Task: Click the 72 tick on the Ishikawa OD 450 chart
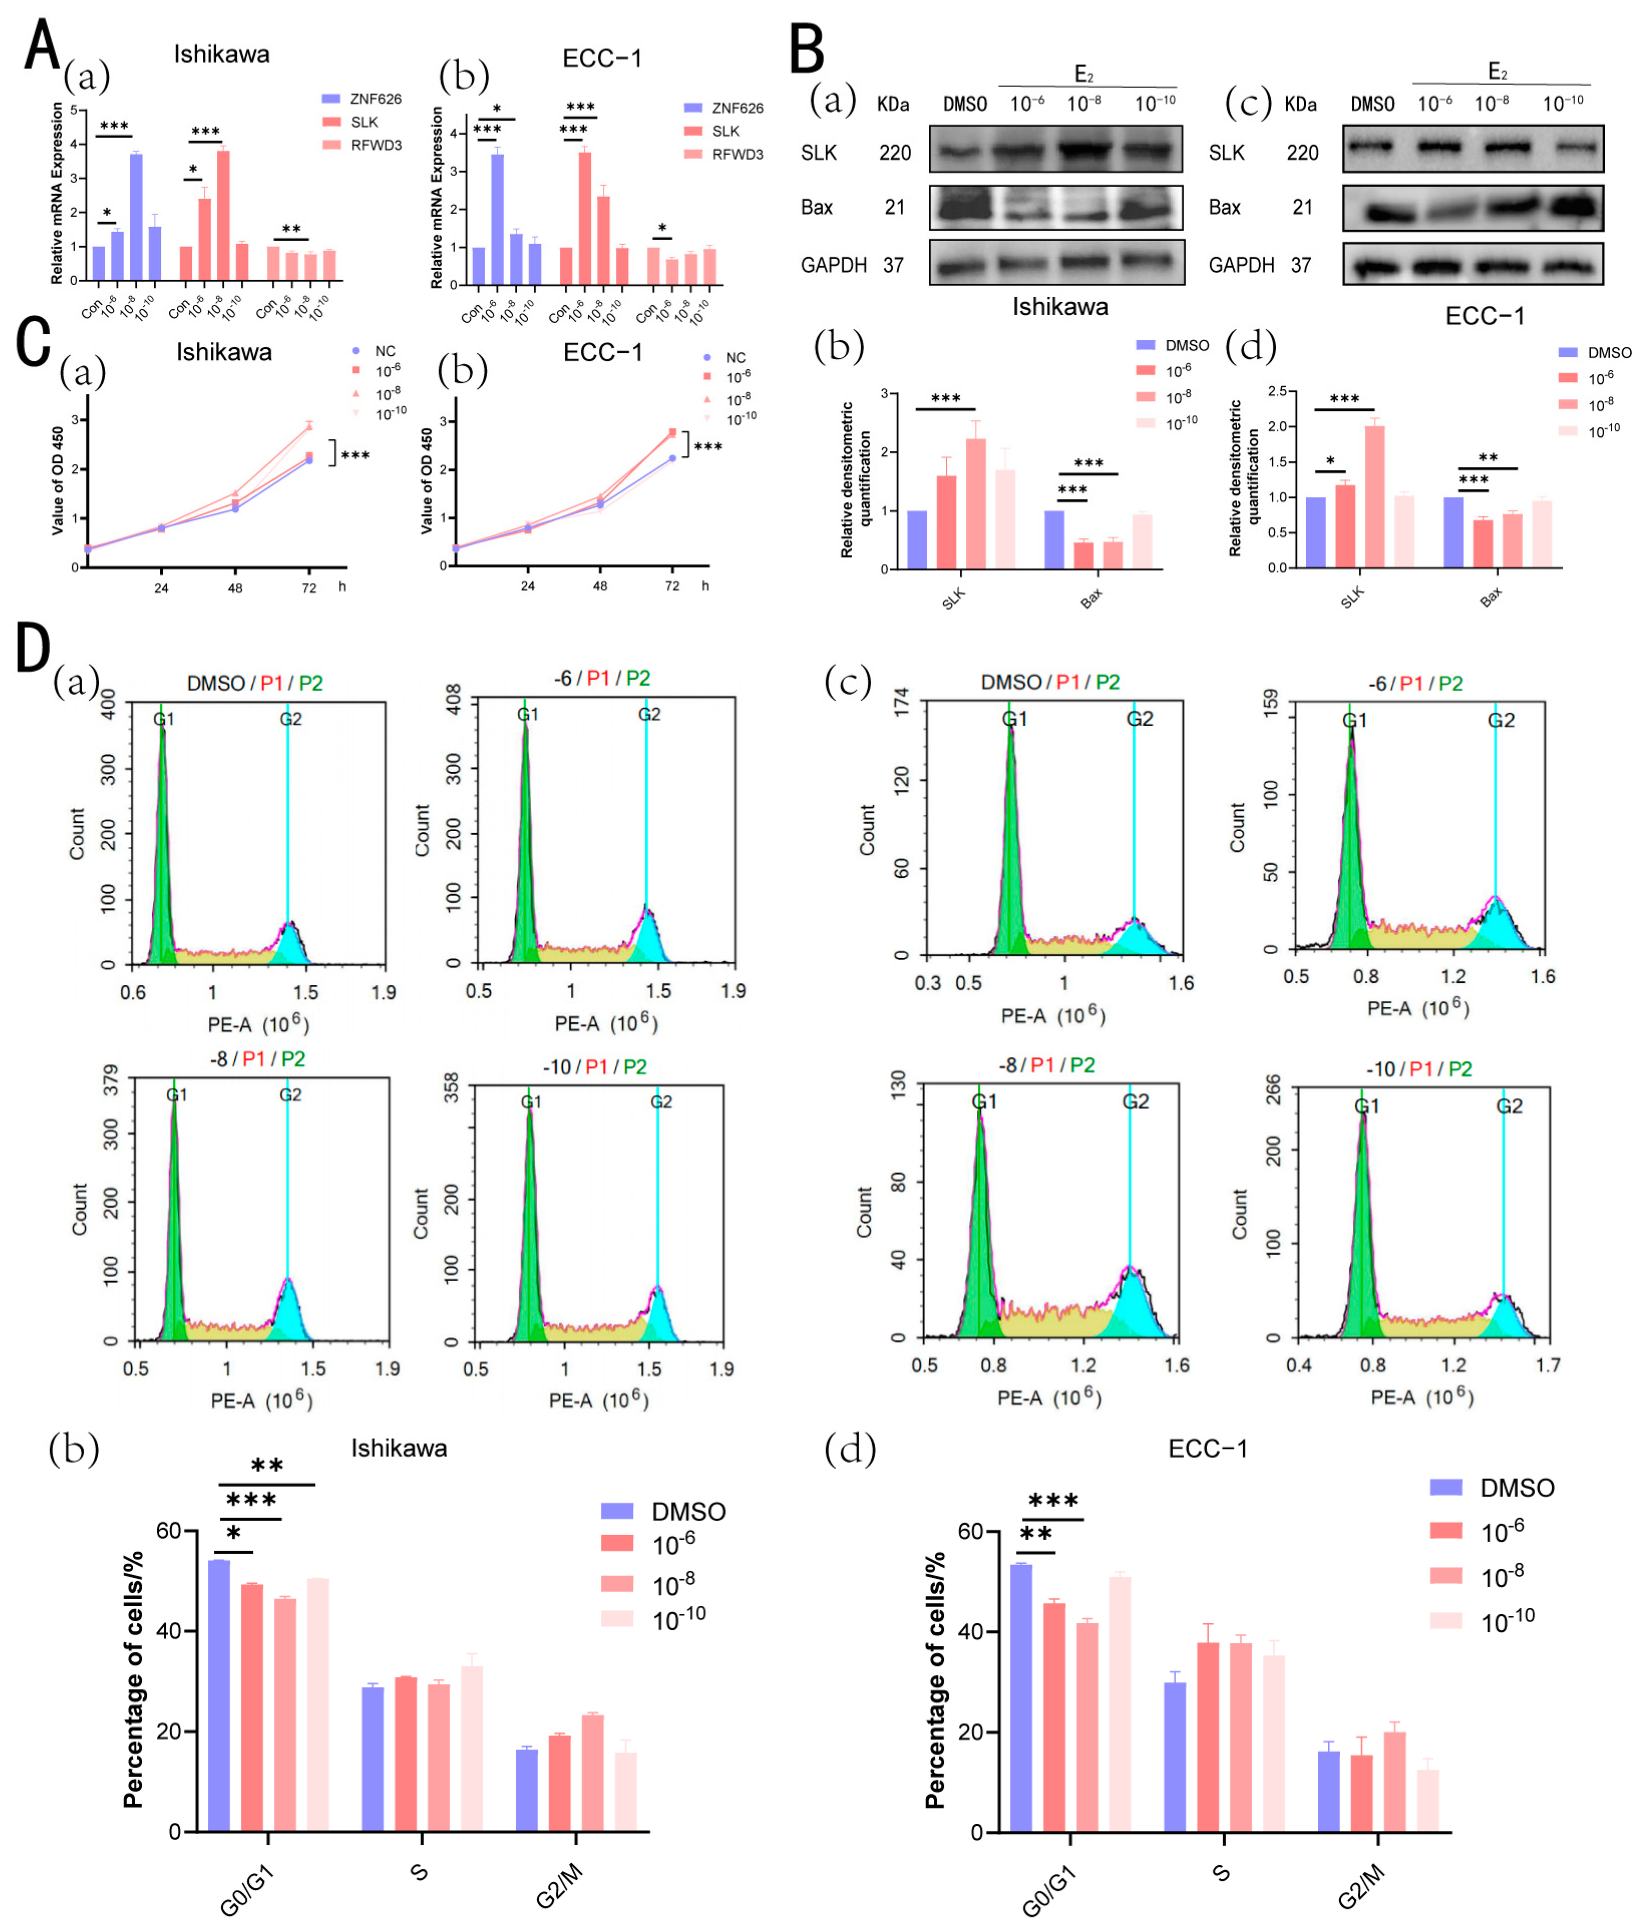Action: pos(309,588)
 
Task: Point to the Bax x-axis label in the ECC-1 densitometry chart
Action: pos(1490,598)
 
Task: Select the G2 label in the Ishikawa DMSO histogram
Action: pos(291,719)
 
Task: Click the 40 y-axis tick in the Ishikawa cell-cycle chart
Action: pos(169,1631)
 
